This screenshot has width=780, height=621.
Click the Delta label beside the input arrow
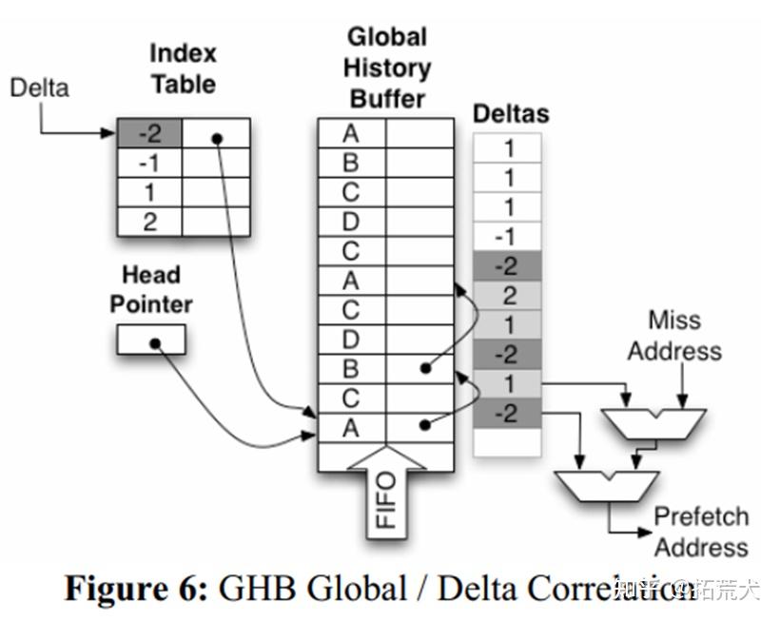click(39, 88)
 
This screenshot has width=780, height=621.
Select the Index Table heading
click(184, 68)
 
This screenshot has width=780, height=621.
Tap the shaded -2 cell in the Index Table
click(149, 133)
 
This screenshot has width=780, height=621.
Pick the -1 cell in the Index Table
click(149, 163)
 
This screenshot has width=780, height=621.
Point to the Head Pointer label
click(150, 290)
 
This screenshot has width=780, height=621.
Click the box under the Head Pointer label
click(151, 340)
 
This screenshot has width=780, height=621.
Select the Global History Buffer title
click(386, 68)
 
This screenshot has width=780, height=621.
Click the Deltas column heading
click(511, 114)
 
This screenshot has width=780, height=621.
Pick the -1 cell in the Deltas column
click(508, 237)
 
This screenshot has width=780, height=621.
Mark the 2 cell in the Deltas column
click(508, 295)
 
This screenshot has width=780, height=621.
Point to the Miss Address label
click(673, 335)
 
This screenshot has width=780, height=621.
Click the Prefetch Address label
click(700, 532)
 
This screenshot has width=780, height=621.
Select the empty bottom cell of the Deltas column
click(508, 442)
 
